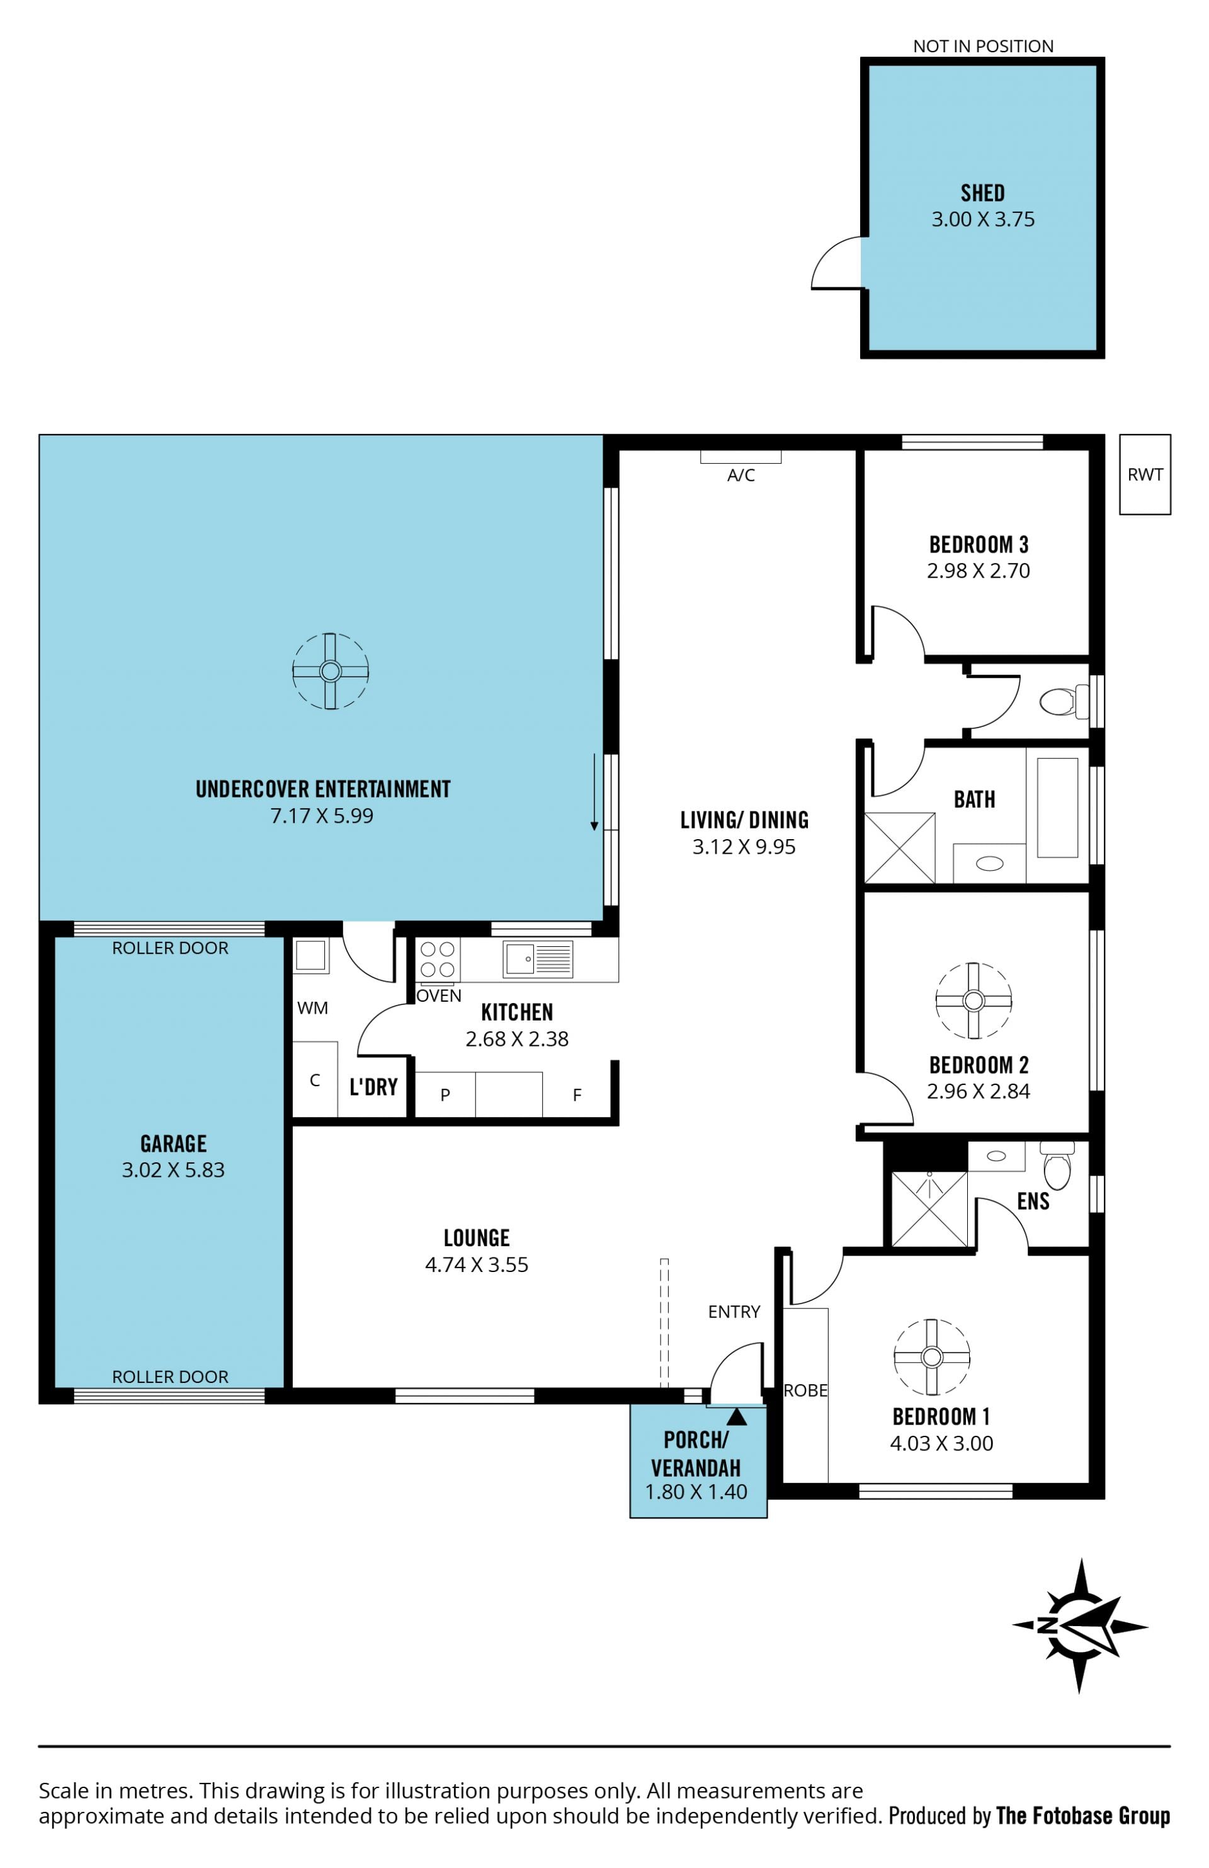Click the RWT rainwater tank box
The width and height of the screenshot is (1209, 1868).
(x=1144, y=474)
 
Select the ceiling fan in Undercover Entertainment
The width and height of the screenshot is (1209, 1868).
(x=331, y=671)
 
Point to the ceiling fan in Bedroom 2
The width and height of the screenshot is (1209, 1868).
(x=973, y=1000)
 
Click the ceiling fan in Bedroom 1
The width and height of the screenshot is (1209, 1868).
(x=931, y=1357)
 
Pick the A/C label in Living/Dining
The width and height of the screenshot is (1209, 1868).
(x=741, y=475)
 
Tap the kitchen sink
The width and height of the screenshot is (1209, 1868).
(x=539, y=958)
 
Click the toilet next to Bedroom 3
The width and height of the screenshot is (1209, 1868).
(x=1064, y=701)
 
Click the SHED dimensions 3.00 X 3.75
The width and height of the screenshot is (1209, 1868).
(x=982, y=219)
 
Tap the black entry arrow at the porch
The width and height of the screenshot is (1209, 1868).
(x=736, y=1416)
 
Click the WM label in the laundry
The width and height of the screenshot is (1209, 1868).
(x=312, y=1008)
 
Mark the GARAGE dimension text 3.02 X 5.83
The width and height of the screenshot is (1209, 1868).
(x=173, y=1169)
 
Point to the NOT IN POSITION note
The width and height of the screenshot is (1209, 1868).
(x=982, y=47)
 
